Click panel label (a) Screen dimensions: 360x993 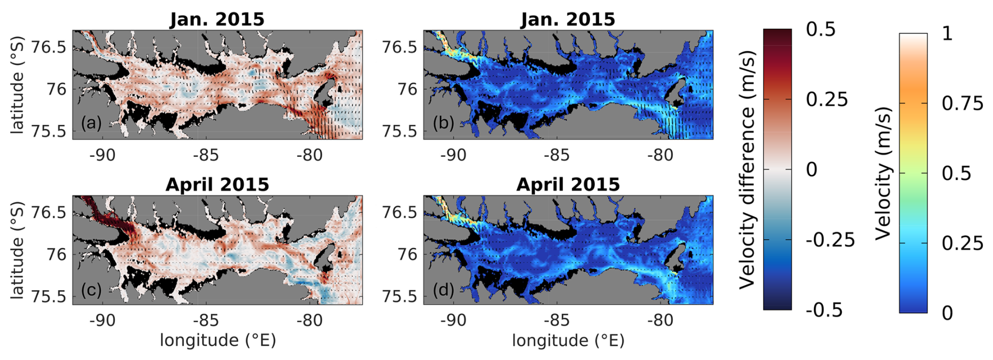pyautogui.click(x=91, y=123)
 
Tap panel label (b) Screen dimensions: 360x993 pyautogui.click(x=443, y=123)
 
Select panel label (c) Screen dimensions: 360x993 pyautogui.click(x=91, y=289)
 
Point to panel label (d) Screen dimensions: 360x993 pyautogui.click(x=443, y=289)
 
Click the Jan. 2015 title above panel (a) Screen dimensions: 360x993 pyautogui.click(x=217, y=19)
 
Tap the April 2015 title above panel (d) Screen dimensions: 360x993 pyautogui.click(x=568, y=185)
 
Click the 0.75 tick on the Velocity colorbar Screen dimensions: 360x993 pyautogui.click(x=962, y=103)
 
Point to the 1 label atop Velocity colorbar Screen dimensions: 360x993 pyautogui.click(x=947, y=34)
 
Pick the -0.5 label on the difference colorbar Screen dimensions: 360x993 pyautogui.click(x=823, y=310)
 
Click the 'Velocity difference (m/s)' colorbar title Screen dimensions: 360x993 pyautogui.click(x=748, y=170)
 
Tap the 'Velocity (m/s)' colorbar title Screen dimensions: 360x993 pyautogui.click(x=884, y=173)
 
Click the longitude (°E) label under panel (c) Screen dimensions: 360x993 pyautogui.click(x=218, y=341)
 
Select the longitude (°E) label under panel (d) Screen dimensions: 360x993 pyautogui.click(x=568, y=341)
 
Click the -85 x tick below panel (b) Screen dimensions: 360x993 pyautogui.click(x=556, y=156)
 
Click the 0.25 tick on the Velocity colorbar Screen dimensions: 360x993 pyautogui.click(x=962, y=243)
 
